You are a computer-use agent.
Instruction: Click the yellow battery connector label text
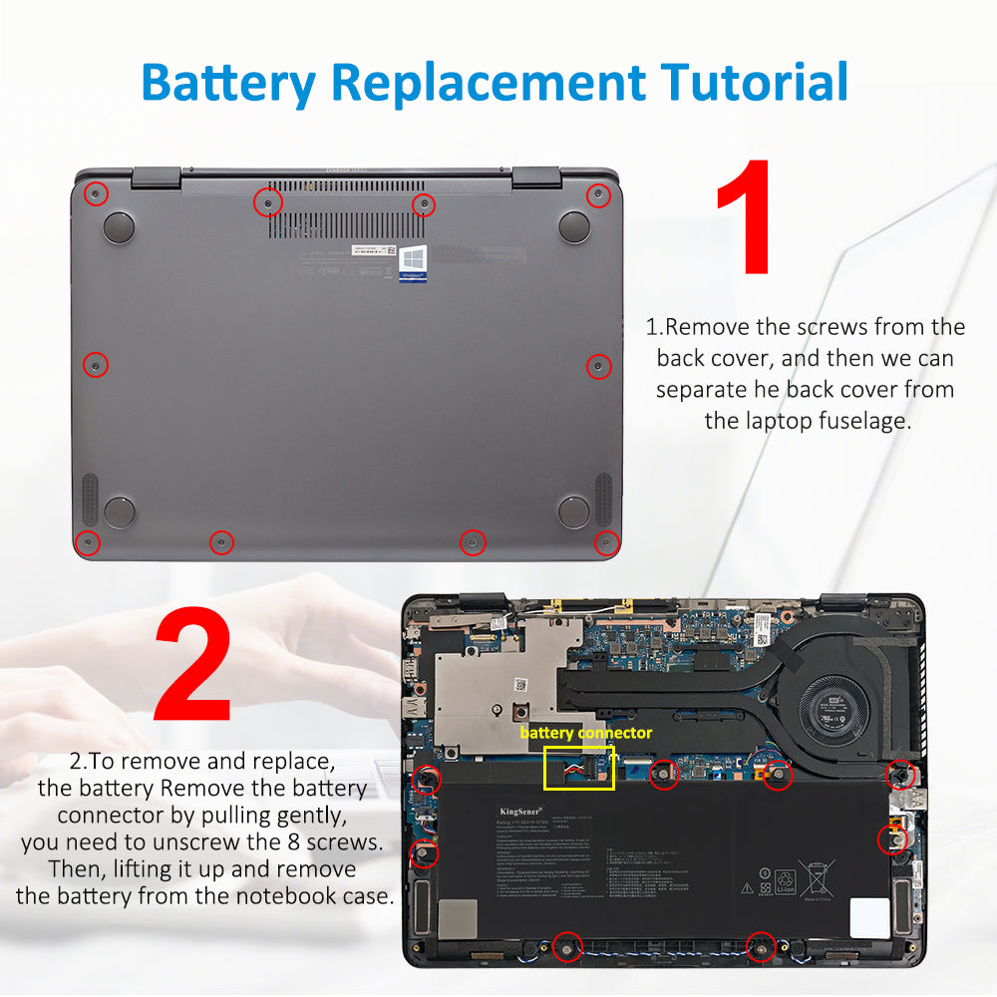coord(585,733)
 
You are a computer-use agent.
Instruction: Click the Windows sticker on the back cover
coord(414,262)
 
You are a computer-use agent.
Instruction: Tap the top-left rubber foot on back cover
coord(119,226)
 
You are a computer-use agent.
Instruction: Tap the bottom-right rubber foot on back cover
coord(574,511)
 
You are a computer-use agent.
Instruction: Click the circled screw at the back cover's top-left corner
coord(94,193)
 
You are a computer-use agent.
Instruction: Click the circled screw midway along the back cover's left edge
coord(95,365)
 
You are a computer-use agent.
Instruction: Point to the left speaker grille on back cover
coord(89,499)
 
